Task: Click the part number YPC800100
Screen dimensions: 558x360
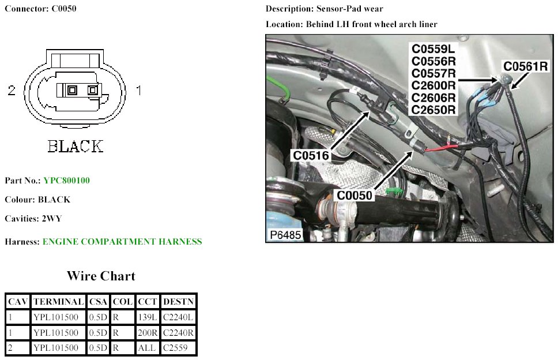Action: (x=66, y=181)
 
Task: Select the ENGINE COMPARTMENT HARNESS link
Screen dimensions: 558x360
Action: (x=122, y=242)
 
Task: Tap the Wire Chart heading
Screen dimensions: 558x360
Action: (x=101, y=276)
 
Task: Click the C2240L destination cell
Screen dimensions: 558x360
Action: (x=178, y=317)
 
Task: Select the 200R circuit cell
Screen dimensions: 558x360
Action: (x=147, y=332)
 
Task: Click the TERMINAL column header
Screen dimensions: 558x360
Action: (x=58, y=301)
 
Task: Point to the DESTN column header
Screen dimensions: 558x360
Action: (x=178, y=301)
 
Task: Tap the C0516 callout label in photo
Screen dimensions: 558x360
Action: (x=311, y=155)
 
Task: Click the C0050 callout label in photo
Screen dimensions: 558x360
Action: (x=355, y=196)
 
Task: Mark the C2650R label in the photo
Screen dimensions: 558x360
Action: (x=433, y=109)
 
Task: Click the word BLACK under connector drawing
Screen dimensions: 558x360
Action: (x=75, y=147)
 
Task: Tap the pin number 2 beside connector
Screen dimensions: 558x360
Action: (x=12, y=90)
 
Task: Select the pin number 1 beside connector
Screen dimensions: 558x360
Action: (x=138, y=90)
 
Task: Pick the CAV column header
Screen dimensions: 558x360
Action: (x=17, y=301)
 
